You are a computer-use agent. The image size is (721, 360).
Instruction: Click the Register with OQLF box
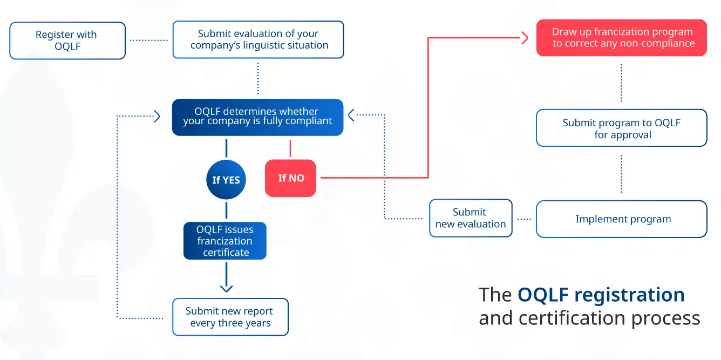point(67,40)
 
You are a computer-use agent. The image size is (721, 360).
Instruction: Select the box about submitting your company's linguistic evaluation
point(258,39)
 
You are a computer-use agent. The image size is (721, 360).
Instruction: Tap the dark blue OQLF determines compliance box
point(257,117)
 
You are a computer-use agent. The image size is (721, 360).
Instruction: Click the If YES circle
point(226,180)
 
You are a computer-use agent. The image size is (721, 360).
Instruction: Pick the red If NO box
point(290,178)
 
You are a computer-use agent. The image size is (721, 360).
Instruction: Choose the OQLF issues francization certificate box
point(225,241)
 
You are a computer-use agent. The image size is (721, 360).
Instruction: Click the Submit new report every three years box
point(230,317)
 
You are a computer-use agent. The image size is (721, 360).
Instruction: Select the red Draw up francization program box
point(621,38)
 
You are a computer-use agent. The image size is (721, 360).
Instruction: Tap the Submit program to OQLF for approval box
point(621,128)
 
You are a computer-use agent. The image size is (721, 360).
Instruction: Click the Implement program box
point(621,219)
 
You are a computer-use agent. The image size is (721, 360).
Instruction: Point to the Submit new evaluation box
point(470,218)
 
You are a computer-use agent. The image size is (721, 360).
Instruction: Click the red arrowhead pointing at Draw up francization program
point(525,38)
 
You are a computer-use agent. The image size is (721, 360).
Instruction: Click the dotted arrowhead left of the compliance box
point(157,116)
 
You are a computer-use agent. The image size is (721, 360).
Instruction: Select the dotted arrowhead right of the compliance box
point(351,115)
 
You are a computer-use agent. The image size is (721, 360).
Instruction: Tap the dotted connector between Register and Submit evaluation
point(149,40)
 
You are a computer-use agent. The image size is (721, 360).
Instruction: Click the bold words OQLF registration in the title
point(601,295)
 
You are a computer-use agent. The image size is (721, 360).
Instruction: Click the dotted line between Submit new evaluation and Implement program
point(524,219)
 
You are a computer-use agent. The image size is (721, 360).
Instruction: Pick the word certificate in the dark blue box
point(226,253)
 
